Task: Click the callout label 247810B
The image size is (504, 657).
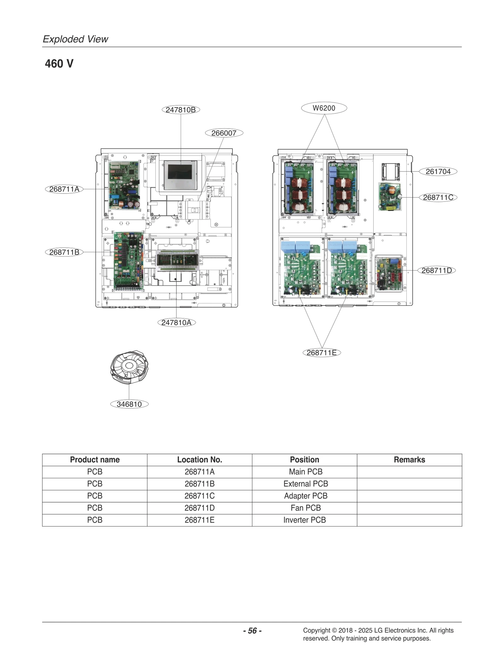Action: click(181, 110)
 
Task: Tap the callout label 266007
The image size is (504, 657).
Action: click(224, 133)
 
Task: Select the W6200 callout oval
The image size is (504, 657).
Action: click(324, 108)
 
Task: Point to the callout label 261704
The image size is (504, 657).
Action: click(438, 172)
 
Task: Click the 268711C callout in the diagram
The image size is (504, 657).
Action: click(438, 197)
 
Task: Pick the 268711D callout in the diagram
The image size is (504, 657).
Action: click(437, 270)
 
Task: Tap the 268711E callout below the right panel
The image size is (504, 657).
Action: click(322, 352)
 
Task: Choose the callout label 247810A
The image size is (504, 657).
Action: click(176, 323)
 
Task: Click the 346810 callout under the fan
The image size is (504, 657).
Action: click(129, 404)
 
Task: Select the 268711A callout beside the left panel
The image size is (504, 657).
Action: click(64, 189)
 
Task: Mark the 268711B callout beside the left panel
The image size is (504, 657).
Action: click(64, 252)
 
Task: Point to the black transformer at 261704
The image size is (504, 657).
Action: click(391, 172)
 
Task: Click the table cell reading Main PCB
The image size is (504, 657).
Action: click(306, 472)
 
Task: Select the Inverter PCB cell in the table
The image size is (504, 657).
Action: click(304, 520)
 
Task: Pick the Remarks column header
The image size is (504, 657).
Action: click(409, 460)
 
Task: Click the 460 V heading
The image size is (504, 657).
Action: click(59, 64)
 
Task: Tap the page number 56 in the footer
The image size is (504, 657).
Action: click(252, 631)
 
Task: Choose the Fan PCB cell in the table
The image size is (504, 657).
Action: click(306, 508)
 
